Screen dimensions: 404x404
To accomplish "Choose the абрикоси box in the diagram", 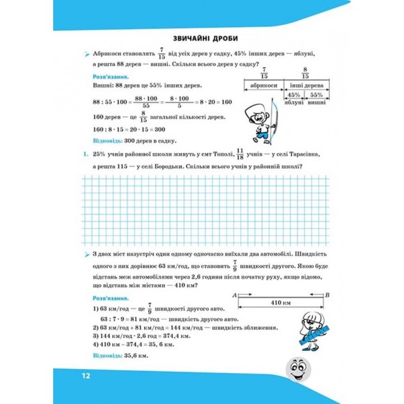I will pos(263,86).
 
